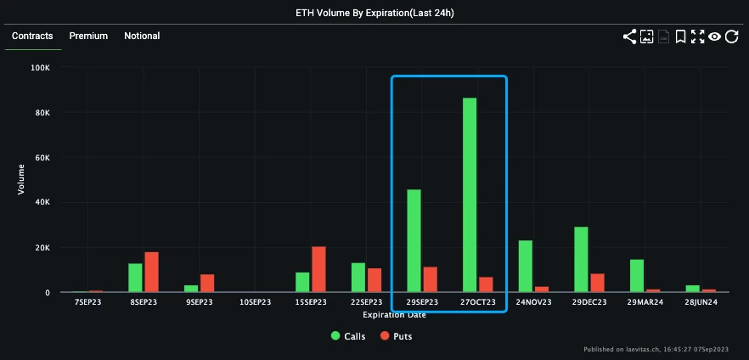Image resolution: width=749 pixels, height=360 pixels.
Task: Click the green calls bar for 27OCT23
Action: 469,195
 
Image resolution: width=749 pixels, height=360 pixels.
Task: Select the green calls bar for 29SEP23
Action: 414,241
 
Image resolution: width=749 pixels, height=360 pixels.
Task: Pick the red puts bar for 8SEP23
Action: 151,273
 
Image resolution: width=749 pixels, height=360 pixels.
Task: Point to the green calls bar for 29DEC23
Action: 581,260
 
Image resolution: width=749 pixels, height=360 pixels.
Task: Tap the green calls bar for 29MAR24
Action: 636,276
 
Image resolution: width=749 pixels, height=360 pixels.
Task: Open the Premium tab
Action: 88,36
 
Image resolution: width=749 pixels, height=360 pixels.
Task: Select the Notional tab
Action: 142,36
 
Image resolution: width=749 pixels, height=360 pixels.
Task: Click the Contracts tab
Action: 32,36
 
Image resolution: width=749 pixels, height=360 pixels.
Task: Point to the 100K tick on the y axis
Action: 39,68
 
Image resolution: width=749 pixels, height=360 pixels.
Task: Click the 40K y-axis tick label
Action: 41,203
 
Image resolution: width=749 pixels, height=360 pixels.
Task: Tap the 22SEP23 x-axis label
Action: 367,302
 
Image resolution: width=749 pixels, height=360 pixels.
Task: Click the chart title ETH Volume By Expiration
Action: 374,12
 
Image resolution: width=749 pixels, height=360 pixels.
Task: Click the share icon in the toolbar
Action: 629,37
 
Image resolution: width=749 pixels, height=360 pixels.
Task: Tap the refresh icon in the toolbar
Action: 731,37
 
